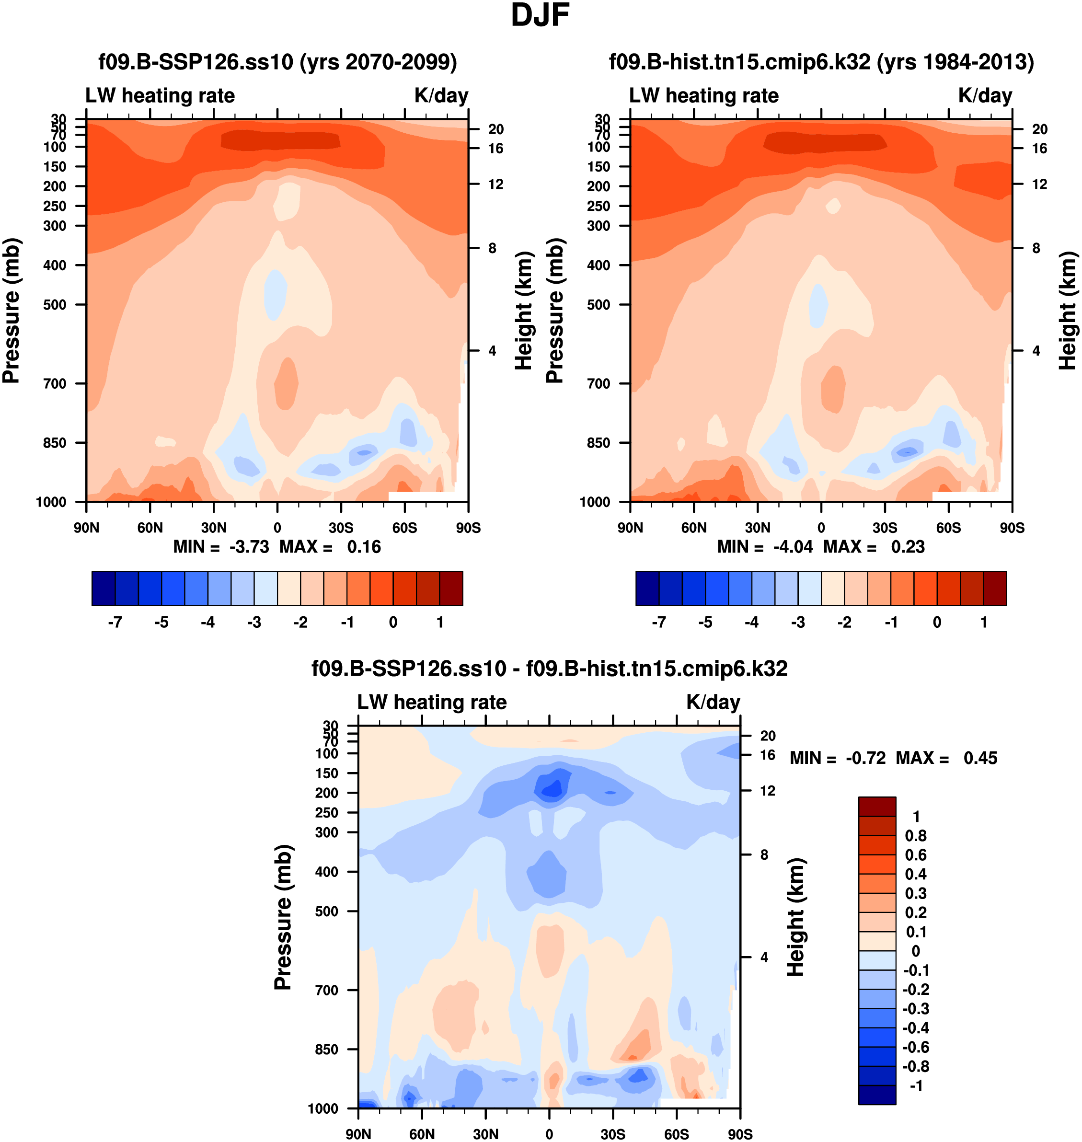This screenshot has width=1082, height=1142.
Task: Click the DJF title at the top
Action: tap(540, 15)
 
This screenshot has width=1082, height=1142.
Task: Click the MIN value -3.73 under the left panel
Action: tap(249, 547)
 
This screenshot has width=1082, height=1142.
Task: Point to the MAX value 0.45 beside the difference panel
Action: tap(980, 758)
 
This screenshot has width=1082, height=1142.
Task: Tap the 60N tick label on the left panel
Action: tap(150, 528)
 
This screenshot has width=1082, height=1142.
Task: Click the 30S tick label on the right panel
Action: tap(884, 528)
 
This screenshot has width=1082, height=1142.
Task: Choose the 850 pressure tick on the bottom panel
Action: tap(326, 1049)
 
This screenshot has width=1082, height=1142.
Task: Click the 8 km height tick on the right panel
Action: tap(1036, 248)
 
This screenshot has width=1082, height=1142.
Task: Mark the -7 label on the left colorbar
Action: tap(115, 623)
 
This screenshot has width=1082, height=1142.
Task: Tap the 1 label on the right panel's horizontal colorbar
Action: tap(983, 623)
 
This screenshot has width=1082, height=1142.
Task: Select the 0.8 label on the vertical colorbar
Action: tap(916, 836)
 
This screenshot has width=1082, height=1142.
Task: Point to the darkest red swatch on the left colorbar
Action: tap(451, 588)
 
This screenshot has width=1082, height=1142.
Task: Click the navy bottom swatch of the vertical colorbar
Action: tap(877, 1095)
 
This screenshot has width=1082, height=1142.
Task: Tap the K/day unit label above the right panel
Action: tap(985, 95)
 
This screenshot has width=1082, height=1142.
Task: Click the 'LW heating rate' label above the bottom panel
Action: tap(432, 702)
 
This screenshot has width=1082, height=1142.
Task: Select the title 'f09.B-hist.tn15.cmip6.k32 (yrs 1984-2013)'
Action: tap(821, 62)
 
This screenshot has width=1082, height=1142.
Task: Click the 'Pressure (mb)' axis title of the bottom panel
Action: tap(283, 918)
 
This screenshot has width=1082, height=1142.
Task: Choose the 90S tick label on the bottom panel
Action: tap(739, 1134)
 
